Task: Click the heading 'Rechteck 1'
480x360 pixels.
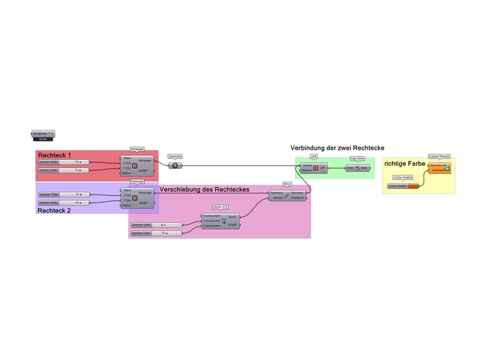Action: tap(55, 154)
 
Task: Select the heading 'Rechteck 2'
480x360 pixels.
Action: tap(55, 211)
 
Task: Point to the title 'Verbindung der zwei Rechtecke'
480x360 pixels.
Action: tap(337, 148)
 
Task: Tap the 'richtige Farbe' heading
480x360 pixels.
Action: tap(405, 163)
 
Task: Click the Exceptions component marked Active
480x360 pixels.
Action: tap(43, 135)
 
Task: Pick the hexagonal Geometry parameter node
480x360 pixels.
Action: tap(175, 165)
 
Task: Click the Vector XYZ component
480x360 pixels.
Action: tap(220, 220)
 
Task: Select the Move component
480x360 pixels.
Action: tap(286, 195)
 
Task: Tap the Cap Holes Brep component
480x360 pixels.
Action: tap(357, 168)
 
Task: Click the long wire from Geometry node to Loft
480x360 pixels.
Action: tap(240, 165)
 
